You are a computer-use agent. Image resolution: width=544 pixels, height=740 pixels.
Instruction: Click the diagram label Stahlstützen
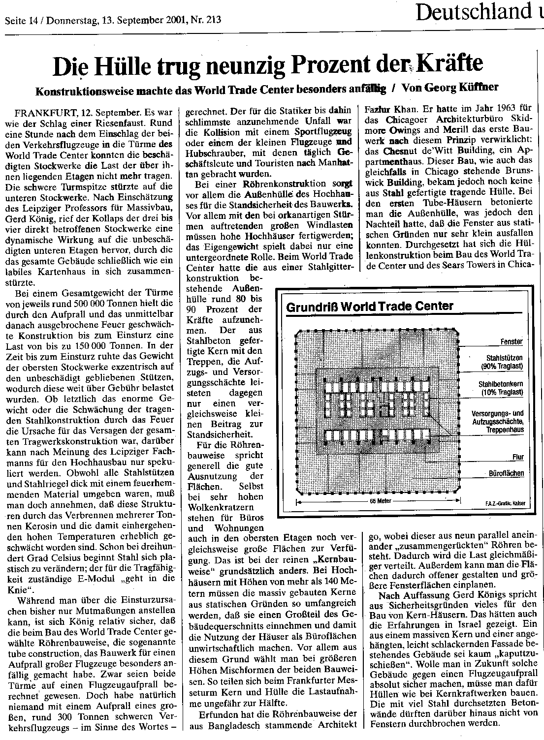(x=504, y=358)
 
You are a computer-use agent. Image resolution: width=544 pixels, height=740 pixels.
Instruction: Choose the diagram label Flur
(x=517, y=457)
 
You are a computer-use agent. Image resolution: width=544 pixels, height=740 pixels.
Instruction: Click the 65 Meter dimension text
(x=380, y=501)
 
